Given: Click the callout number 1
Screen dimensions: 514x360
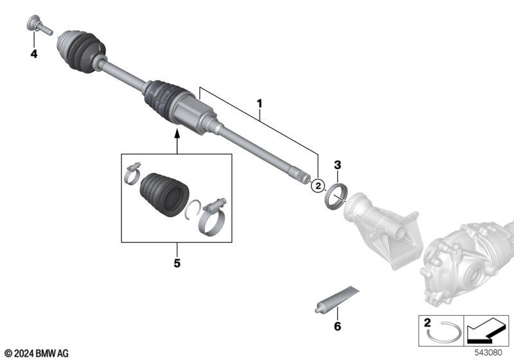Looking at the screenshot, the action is tap(260, 104).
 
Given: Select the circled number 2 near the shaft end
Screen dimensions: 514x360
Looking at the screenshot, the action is tap(317, 186).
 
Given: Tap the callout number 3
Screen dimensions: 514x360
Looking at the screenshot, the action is tap(337, 165).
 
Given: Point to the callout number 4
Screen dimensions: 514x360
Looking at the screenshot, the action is tap(34, 53).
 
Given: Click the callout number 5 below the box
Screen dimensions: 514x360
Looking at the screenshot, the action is tap(177, 263).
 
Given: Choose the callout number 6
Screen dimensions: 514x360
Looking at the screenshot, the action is tap(337, 326).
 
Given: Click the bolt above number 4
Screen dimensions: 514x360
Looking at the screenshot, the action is tap(39, 25).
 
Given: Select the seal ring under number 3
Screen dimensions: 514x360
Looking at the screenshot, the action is tap(335, 197).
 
